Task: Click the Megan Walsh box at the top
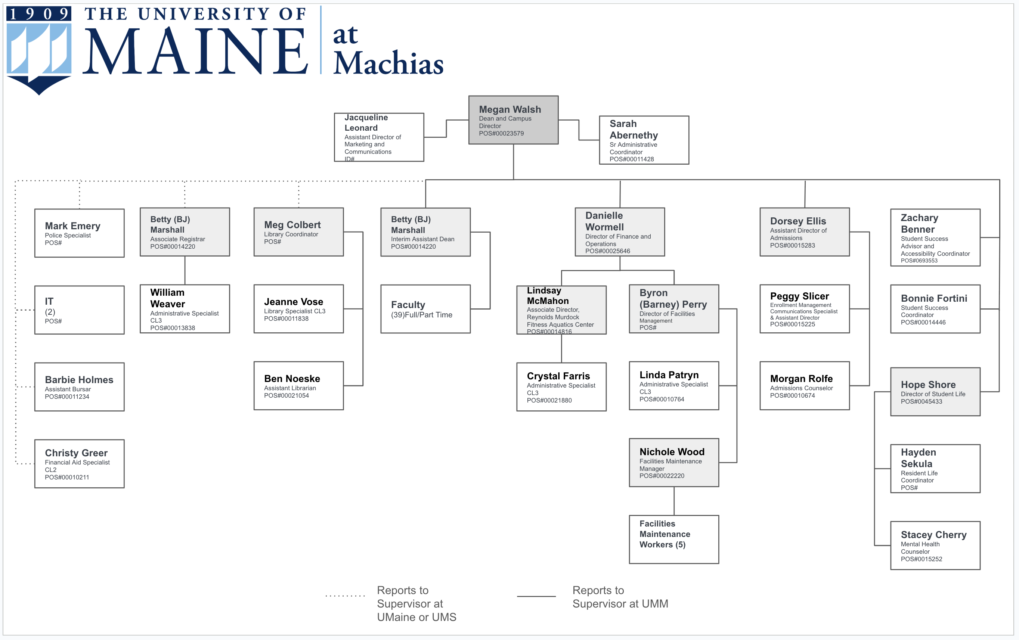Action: point(513,120)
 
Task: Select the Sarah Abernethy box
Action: point(644,140)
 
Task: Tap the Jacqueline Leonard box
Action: point(379,137)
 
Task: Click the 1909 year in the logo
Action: point(38,14)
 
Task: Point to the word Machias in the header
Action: point(388,63)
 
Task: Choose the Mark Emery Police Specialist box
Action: point(79,233)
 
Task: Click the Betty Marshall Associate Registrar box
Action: point(185,232)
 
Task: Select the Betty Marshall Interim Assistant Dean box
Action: point(425,232)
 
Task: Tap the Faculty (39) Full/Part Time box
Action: point(425,309)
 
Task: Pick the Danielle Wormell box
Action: point(620,232)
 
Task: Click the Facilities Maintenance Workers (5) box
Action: point(674,539)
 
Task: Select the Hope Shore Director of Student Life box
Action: point(935,392)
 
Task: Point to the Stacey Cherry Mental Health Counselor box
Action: point(935,545)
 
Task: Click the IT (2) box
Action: point(79,310)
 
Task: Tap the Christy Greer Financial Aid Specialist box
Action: point(79,464)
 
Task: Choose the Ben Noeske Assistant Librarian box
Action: point(298,385)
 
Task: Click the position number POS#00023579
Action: point(501,134)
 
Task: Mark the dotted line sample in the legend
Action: point(345,596)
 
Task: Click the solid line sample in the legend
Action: point(536,596)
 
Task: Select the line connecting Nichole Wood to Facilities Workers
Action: point(674,501)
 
